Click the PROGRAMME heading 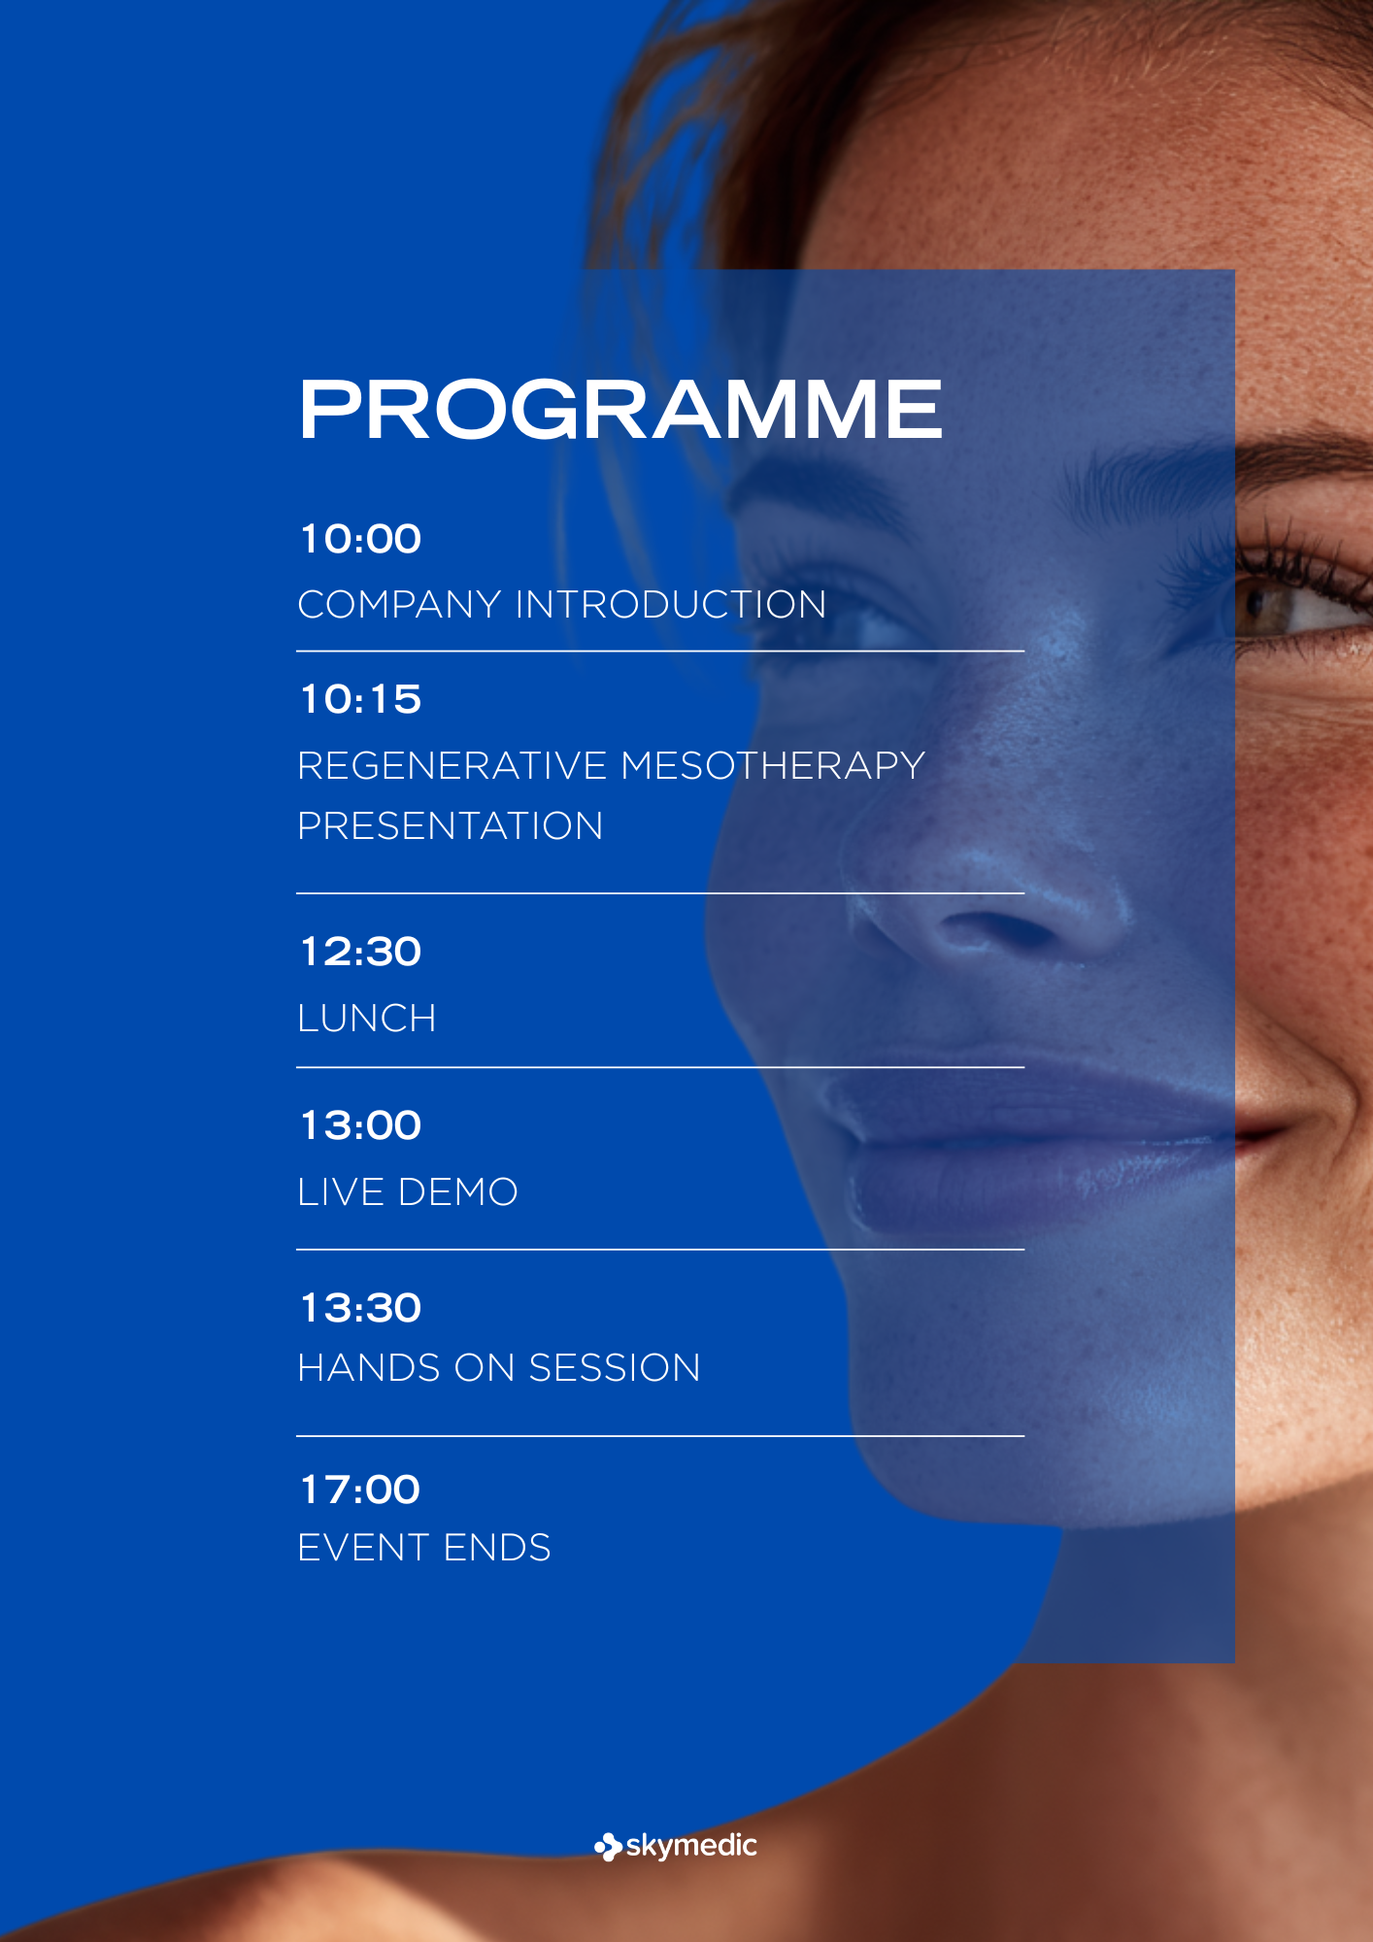tap(620, 409)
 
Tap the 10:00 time tap(360, 539)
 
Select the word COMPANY tap(399, 605)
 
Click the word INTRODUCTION tap(671, 605)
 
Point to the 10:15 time tap(360, 699)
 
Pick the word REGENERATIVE tap(452, 765)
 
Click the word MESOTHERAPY tap(773, 765)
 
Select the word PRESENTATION tap(451, 826)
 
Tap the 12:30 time tap(360, 952)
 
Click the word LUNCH tap(367, 1019)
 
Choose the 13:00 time tap(360, 1125)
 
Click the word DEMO tap(458, 1192)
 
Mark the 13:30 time tap(360, 1308)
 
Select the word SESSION tap(615, 1368)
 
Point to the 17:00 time tap(360, 1490)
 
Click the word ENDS tap(497, 1548)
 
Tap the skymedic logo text tap(691, 1846)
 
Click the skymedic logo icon tap(608, 1847)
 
